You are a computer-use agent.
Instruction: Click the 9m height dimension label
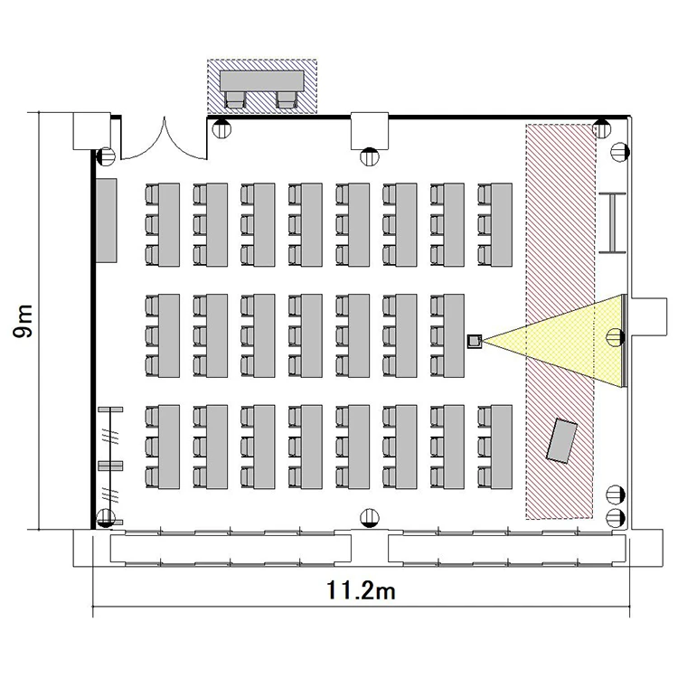(23, 321)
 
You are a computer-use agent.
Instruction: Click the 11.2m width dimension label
(361, 590)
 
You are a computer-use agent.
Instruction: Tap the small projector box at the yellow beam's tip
(475, 341)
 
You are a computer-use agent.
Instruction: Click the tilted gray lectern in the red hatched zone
(561, 440)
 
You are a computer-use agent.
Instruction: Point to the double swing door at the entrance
(165, 143)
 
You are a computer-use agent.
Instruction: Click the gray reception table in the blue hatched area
(261, 80)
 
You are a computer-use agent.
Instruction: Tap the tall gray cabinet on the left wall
(106, 221)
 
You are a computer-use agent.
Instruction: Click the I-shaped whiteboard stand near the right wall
(613, 222)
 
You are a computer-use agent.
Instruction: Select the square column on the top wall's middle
(369, 130)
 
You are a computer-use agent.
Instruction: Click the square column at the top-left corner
(91, 131)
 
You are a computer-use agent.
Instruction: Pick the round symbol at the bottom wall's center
(369, 518)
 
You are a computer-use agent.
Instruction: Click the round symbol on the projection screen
(616, 337)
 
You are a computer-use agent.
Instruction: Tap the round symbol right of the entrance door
(221, 128)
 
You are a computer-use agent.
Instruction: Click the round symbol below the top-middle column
(369, 156)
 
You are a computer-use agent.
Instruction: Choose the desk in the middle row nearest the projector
(454, 336)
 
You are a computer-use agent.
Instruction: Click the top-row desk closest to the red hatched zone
(502, 225)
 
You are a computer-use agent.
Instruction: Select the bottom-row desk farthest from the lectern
(169, 447)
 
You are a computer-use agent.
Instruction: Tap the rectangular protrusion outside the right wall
(649, 316)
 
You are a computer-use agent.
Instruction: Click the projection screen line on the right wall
(624, 341)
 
